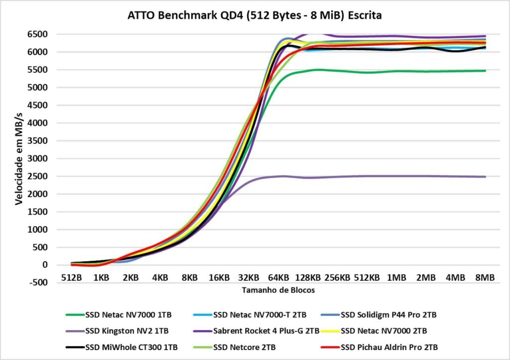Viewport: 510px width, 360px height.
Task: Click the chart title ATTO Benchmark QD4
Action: click(x=255, y=15)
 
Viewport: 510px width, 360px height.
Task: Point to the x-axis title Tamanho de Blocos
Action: click(x=278, y=290)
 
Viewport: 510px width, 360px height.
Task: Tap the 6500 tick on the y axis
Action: click(x=38, y=34)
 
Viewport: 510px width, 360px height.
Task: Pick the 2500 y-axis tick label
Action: click(x=38, y=176)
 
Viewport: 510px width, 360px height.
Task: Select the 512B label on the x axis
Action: click(x=71, y=278)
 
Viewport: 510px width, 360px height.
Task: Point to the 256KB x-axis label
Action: click(x=337, y=278)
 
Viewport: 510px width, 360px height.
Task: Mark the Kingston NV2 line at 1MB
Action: click(x=396, y=176)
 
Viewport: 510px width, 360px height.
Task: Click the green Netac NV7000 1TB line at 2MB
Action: click(x=426, y=71)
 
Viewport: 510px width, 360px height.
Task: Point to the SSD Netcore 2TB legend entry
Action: click(x=246, y=346)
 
